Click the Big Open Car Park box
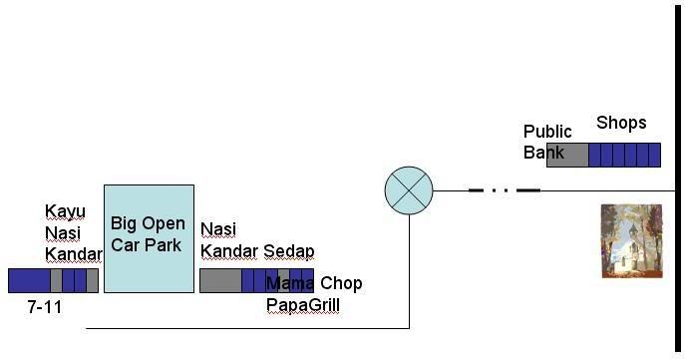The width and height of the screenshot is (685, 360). [x=149, y=237]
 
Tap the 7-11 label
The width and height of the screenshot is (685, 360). [x=45, y=307]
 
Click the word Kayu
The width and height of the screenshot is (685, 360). [x=65, y=212]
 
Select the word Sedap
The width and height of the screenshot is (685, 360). [x=289, y=250]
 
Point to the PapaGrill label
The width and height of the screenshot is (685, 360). [x=303, y=305]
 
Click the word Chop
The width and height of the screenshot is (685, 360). [x=341, y=284]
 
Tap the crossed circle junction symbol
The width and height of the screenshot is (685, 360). [x=409, y=189]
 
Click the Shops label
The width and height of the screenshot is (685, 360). [x=621, y=124]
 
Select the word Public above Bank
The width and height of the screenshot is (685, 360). [x=547, y=132]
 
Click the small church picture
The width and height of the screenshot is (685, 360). [x=631, y=240]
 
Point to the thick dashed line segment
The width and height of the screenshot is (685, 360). [x=504, y=189]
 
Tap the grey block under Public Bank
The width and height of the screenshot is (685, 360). [x=567, y=155]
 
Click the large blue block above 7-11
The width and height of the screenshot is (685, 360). [x=29, y=280]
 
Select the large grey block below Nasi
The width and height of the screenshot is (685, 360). [x=219, y=280]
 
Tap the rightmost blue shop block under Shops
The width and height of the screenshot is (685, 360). [x=655, y=155]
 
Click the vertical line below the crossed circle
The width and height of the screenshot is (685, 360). [x=409, y=269]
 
